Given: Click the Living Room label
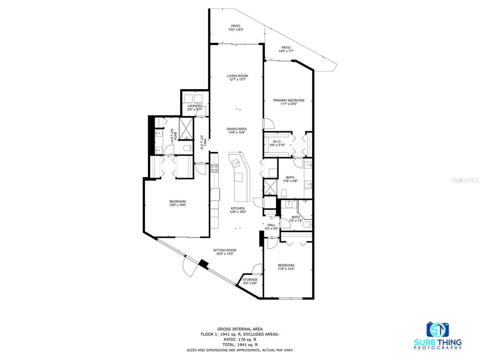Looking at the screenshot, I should point(238,76).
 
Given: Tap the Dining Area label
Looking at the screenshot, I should point(237,129).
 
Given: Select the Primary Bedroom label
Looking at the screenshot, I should point(289,100).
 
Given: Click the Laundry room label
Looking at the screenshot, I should point(195,106).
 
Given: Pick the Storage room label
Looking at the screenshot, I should point(250,280).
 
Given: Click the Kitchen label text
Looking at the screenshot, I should point(237,209).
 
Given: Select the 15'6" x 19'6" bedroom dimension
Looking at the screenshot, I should point(177,205).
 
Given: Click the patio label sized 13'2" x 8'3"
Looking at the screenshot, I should point(235,30).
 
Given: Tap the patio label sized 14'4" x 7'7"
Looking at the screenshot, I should point(285,51).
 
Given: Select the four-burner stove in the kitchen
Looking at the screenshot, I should point(214,168).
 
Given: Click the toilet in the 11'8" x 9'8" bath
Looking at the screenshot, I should point(284,192).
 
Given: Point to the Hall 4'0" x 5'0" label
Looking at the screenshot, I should point(271,227).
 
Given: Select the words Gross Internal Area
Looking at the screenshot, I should point(240,329).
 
